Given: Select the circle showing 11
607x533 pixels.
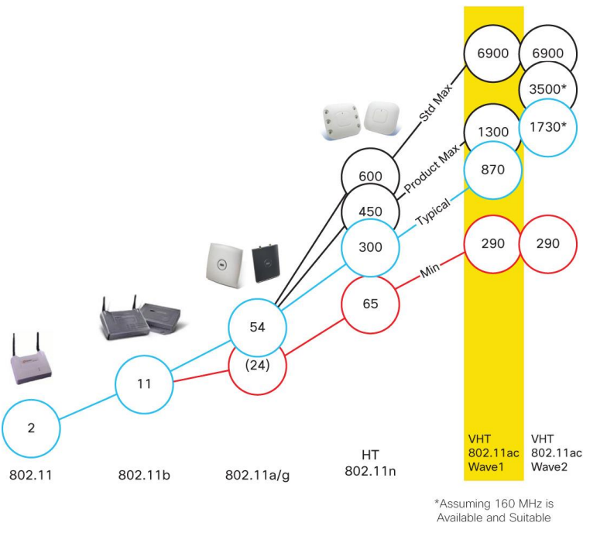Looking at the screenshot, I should coord(145,383).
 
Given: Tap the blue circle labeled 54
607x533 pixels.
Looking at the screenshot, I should coord(258,328).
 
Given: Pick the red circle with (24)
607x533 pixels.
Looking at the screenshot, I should coord(258,364).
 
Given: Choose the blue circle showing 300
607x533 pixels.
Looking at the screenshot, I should coord(371,247).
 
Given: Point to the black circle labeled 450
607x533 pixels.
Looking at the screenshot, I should coord(371,211).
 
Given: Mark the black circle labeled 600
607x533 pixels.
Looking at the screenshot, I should coord(371,176).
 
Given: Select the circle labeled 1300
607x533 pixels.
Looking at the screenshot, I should coord(493,133).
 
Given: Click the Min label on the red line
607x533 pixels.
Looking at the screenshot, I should coord(430,273).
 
